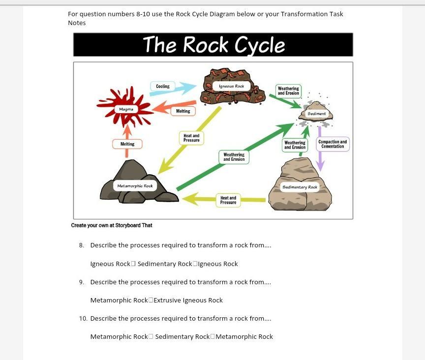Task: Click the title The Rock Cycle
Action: [213, 45]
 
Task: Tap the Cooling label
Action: [163, 87]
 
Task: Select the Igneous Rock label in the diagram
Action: [232, 86]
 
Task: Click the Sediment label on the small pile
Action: [316, 114]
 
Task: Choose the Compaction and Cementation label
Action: [333, 144]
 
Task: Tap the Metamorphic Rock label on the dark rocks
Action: [135, 186]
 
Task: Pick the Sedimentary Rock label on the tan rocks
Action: [300, 187]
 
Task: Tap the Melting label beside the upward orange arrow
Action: [127, 144]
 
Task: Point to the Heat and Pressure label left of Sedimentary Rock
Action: [228, 200]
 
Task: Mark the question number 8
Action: [81, 245]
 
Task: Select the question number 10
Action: [83, 319]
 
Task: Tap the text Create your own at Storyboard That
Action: [112, 226]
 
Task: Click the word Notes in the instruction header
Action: [77, 23]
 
